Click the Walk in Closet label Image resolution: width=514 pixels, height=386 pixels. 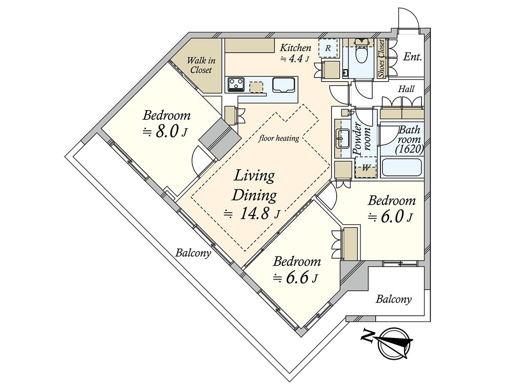201,65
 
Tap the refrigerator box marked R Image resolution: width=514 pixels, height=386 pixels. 328,48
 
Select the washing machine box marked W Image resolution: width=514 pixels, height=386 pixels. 365,168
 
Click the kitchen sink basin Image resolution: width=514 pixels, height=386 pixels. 284,85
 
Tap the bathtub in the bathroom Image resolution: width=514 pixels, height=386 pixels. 401,167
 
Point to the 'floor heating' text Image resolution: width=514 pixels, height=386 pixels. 279,138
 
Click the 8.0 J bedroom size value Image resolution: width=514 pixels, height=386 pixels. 165,132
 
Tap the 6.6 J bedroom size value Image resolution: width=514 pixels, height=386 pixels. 295,278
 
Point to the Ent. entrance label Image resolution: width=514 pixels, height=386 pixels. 412,57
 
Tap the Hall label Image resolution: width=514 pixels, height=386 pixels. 406,89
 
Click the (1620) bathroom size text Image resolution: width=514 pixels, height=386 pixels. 409,149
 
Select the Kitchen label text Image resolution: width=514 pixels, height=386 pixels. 296,48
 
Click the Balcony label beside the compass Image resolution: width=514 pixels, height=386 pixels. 393,299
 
